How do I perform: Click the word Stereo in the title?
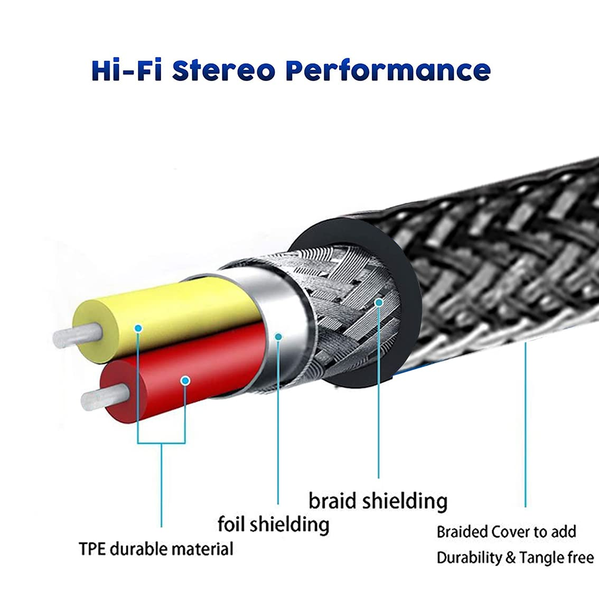point(225,71)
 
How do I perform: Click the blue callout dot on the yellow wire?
point(138,328)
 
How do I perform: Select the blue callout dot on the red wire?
point(185,380)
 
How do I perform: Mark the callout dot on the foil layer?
point(279,336)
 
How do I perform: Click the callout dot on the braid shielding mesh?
point(379,302)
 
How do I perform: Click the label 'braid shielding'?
point(378,501)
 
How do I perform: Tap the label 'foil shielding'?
point(273,524)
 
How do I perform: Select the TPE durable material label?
point(156,549)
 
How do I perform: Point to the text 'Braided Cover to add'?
point(506,532)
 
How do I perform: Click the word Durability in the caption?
point(469,558)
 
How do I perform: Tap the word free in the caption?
point(583,558)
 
